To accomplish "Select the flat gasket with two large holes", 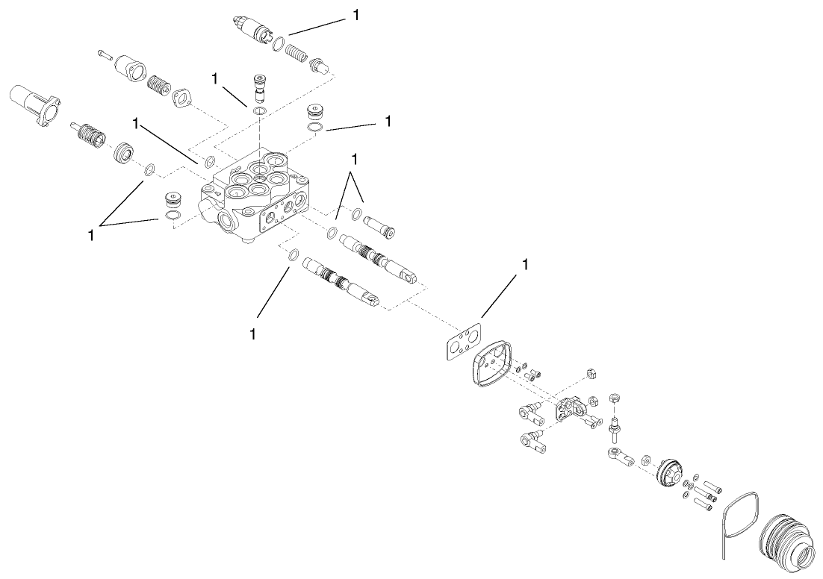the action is (463, 342).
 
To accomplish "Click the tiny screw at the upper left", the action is (103, 54).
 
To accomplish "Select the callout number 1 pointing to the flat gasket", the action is (524, 264).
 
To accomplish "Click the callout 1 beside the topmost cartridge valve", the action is (356, 15).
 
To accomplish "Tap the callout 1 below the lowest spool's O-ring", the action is (252, 334).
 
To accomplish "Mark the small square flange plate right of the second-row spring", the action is (183, 98).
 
